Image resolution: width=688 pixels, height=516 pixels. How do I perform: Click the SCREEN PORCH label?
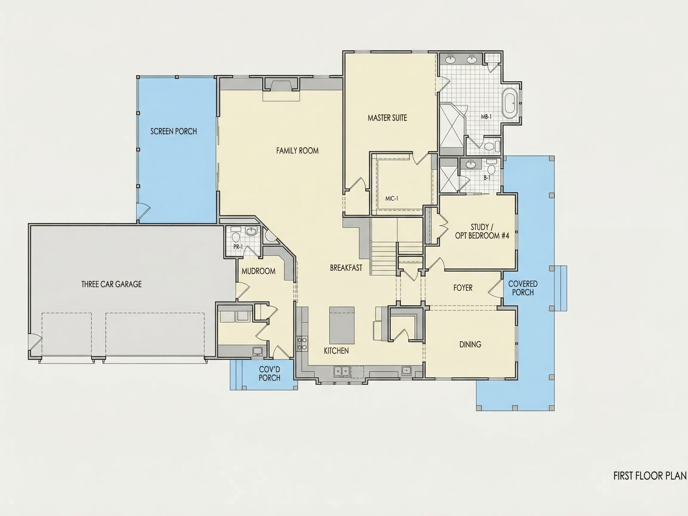[x=173, y=131]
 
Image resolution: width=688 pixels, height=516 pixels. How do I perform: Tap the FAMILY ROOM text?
[x=297, y=151]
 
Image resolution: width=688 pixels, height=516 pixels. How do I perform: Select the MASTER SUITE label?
[x=387, y=118]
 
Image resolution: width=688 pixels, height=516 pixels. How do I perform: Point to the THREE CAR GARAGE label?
[x=111, y=284]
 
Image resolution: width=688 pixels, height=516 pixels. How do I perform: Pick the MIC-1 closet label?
[x=391, y=199]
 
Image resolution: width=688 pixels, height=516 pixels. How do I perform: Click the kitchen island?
[x=342, y=325]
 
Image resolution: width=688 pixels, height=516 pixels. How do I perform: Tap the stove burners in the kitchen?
[x=301, y=343]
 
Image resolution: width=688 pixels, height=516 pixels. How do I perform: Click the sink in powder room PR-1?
[x=251, y=231]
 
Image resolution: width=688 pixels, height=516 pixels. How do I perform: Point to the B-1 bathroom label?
[x=487, y=178]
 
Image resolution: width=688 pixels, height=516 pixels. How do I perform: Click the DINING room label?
[x=470, y=344]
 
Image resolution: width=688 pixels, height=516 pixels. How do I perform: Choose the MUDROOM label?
[x=259, y=271]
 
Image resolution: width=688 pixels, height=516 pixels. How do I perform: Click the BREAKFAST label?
[x=346, y=268]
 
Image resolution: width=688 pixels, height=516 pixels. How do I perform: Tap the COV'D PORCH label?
[x=270, y=374]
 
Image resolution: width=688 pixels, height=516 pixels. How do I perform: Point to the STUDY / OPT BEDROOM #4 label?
[x=482, y=231]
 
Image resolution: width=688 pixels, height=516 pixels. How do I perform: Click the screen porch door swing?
[x=144, y=211]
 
